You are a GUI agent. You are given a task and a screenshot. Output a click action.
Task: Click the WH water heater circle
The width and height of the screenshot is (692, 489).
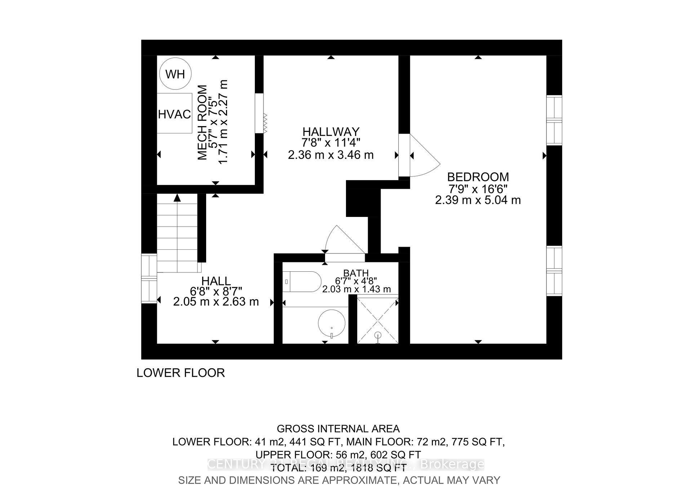(x=175, y=74)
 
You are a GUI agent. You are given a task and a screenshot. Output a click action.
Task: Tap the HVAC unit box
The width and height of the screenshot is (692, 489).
(x=174, y=114)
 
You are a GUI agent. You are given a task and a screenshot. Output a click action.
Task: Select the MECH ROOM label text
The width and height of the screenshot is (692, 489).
(x=203, y=123)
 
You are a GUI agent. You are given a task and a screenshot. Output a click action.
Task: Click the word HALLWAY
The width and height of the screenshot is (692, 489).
(x=331, y=132)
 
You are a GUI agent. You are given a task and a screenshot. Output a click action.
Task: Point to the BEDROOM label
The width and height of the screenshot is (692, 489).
(x=478, y=177)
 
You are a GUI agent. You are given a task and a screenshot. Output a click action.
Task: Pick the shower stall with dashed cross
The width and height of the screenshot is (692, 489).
(x=377, y=319)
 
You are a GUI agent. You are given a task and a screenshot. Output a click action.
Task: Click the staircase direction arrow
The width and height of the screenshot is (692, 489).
(x=177, y=198)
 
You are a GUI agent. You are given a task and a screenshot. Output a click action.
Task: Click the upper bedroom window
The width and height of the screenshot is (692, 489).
(x=554, y=120)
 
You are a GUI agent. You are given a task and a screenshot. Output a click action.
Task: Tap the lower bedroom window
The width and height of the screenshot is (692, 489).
(x=554, y=271)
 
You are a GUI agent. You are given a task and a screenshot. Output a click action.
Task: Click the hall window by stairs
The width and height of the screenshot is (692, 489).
(x=149, y=278)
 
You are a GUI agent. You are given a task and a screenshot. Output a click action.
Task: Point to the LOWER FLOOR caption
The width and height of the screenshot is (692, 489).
(x=181, y=373)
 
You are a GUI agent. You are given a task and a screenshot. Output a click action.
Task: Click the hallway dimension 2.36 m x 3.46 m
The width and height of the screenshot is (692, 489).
(x=331, y=155)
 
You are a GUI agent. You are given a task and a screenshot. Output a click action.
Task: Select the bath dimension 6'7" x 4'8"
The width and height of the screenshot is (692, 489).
(x=356, y=281)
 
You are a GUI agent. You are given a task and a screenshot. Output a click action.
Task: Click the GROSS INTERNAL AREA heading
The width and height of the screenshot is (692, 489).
(x=338, y=429)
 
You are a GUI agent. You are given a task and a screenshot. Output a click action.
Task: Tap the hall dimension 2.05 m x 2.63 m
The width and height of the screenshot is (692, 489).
(x=216, y=302)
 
